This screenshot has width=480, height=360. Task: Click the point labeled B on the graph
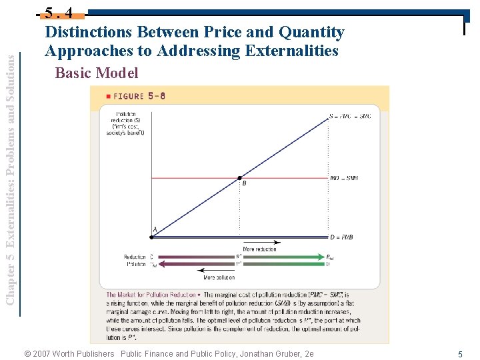tap(240, 178)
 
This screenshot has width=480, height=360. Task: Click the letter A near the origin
tap(155, 230)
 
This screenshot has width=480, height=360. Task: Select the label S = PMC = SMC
tap(350, 117)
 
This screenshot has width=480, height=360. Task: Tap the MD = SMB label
tap(344, 179)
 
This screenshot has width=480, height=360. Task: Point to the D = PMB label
tap(341, 237)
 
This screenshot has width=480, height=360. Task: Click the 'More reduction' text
tap(260, 249)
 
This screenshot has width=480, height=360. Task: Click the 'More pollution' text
tap(219, 277)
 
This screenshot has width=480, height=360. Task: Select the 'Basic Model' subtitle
tap(97, 73)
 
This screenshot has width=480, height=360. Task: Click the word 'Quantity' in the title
tap(311, 32)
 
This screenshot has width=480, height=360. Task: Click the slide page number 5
tap(460, 354)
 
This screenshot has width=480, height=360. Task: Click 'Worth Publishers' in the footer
tap(83, 353)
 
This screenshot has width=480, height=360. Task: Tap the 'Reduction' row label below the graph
tap(135, 257)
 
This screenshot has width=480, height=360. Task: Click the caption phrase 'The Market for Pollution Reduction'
tap(151, 295)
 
